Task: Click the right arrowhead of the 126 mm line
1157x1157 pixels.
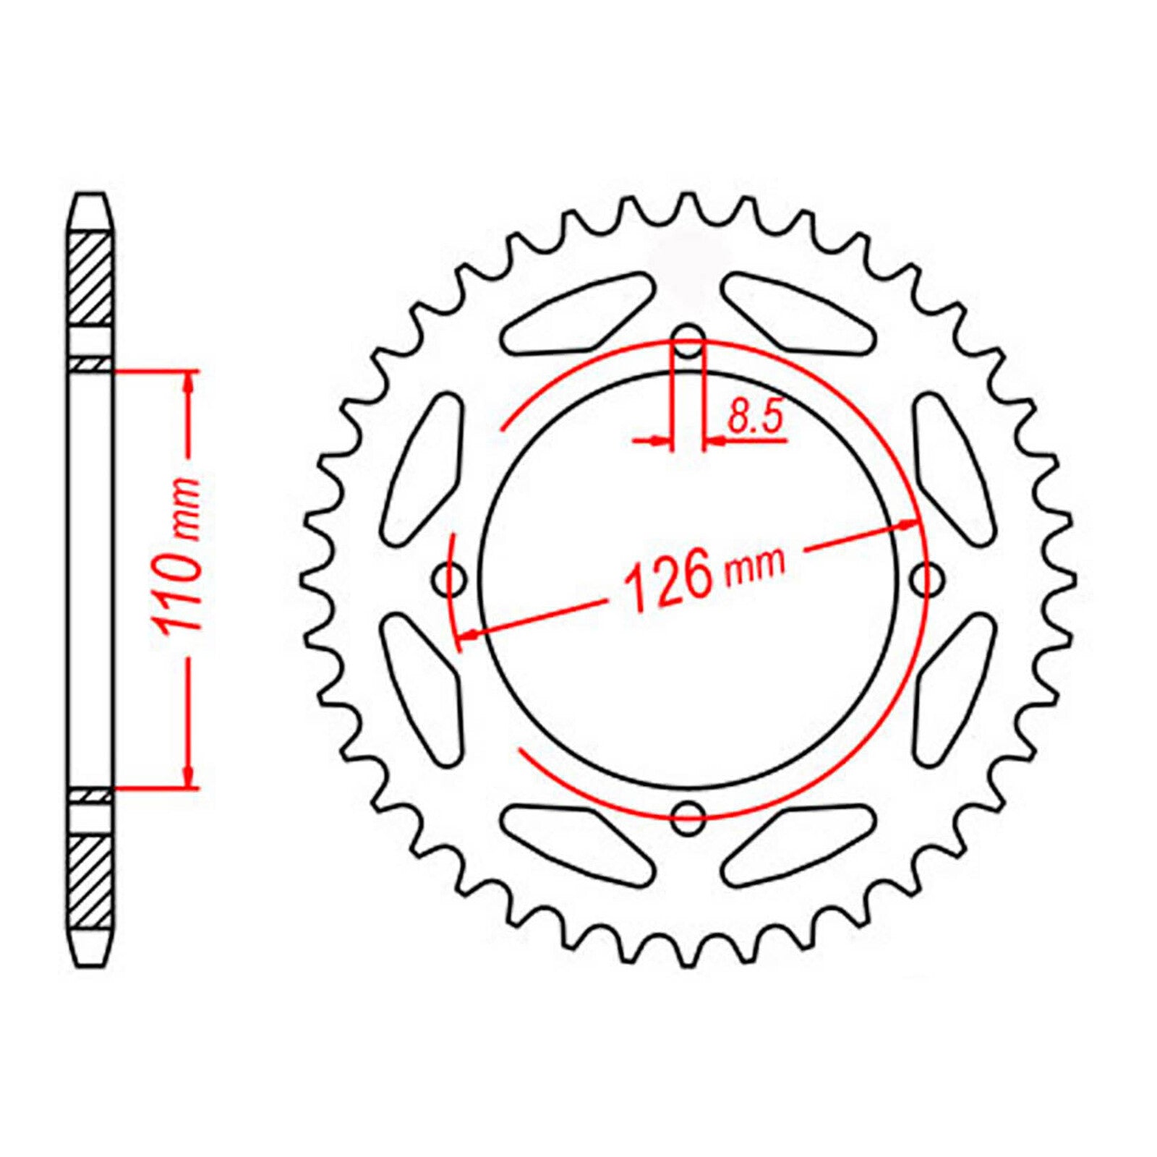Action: pos(909,526)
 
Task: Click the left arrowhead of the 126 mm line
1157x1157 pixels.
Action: pos(469,634)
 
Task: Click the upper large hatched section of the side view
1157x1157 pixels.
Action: pos(92,278)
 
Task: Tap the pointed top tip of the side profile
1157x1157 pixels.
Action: pos(92,195)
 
